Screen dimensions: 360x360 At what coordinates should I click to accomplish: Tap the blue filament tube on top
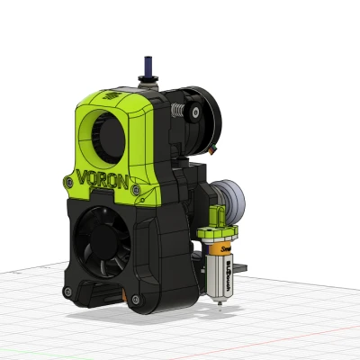(143, 67)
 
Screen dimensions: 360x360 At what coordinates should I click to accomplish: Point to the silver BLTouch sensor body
(219, 274)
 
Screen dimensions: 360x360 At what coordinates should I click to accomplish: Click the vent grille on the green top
(111, 94)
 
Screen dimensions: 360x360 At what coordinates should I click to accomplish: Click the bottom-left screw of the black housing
(67, 291)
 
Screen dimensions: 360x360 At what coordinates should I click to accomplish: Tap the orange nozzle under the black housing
(116, 295)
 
